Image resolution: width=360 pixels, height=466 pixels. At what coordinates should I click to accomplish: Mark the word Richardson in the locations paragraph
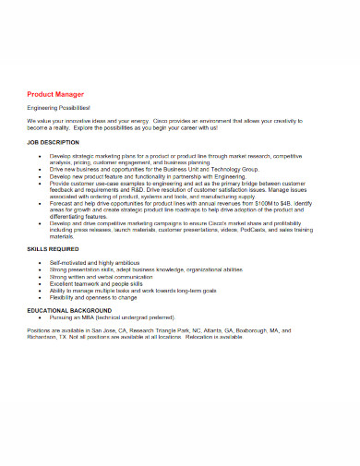(x=43, y=338)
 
